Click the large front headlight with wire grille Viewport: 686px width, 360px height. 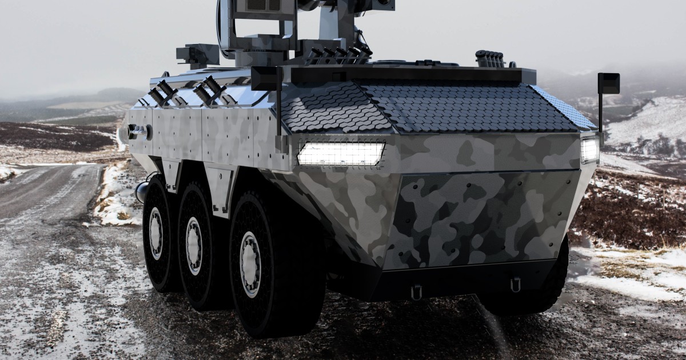point(341,154)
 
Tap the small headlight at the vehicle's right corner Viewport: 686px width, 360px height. point(589,150)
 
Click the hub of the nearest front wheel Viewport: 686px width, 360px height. point(250,265)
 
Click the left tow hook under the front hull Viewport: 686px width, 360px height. point(416,292)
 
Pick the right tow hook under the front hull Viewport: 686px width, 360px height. point(515,285)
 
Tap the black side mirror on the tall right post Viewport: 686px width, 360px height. point(608,83)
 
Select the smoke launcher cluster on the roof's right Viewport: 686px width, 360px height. point(490,58)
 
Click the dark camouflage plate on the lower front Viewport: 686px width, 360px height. point(480,217)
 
